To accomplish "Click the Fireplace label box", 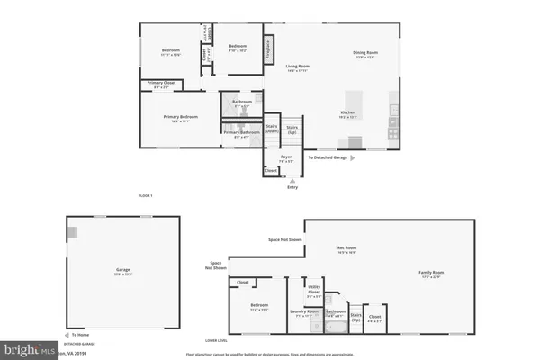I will pos(268,49).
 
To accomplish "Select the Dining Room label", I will pos(365,53).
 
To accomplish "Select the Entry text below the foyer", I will pos(291,187).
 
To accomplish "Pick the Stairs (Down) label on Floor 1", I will pos(271,129).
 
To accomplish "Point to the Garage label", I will pos(122,270).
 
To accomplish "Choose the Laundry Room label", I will pos(303,314).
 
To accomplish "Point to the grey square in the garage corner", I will pos(71,232).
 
